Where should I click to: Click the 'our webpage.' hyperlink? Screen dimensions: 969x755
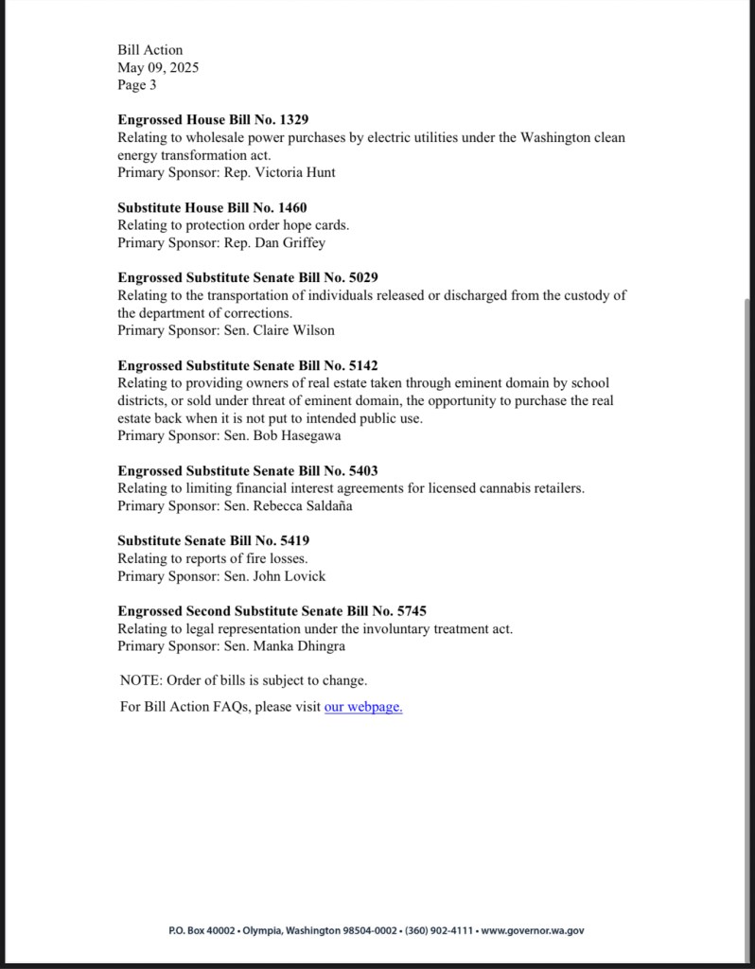coord(363,707)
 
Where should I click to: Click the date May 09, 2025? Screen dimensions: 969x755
coord(158,67)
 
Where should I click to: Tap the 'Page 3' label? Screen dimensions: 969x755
coord(137,85)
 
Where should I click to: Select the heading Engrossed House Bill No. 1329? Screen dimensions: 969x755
coord(213,120)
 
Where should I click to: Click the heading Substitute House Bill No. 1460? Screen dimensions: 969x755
coord(212,207)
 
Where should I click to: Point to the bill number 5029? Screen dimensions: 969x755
coord(363,277)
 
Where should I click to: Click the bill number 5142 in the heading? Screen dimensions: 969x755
coord(363,365)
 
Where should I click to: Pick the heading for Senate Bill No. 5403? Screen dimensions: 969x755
coord(248,470)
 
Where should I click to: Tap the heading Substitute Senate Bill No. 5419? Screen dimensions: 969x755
coord(214,540)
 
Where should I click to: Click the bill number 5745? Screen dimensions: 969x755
coord(412,610)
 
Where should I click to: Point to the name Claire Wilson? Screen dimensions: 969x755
coord(293,330)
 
